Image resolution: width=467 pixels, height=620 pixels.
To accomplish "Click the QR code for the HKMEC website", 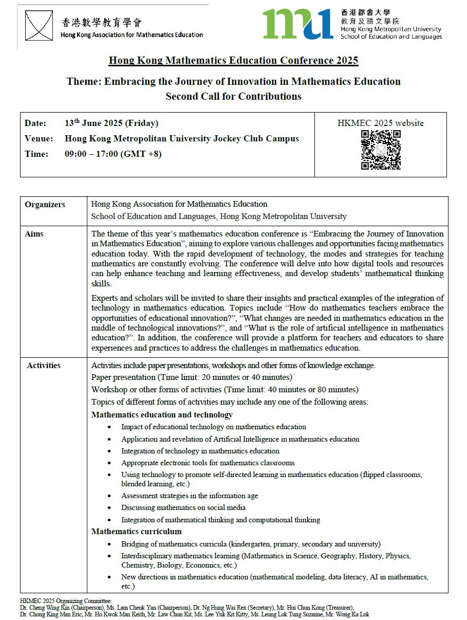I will pos(381,150).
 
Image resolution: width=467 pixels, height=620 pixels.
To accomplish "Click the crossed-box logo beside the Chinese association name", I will pos(39,26).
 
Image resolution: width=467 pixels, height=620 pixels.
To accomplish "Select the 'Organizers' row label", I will pos(45,205).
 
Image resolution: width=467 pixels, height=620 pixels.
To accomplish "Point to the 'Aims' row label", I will pos(34,234).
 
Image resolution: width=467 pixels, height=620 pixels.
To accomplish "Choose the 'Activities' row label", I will pos(44,366).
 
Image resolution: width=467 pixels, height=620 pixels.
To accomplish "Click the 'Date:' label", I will pos(35,123).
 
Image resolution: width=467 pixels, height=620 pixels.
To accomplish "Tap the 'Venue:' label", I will pos(39,139).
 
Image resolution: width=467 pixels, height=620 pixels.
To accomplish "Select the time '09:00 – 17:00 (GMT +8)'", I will pos(113,154).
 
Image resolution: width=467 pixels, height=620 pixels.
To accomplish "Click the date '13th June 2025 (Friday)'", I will pos(111,123).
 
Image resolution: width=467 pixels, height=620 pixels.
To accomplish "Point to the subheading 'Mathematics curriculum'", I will pos(136,532).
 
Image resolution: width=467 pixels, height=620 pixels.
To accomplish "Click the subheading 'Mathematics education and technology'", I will pos(162,415).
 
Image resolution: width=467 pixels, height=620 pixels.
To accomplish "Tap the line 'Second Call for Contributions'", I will pos(233,96).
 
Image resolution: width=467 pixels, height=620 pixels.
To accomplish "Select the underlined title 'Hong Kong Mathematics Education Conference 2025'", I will pos(233,61).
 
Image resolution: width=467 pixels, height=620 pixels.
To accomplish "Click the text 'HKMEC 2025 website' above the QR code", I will pos(381,123).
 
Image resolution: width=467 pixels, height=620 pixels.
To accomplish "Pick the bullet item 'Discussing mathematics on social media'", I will pos(183,507).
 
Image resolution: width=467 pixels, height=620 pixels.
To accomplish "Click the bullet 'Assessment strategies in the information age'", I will pos(190,496).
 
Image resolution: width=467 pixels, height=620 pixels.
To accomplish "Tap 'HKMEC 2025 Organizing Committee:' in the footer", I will pos(65,600).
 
